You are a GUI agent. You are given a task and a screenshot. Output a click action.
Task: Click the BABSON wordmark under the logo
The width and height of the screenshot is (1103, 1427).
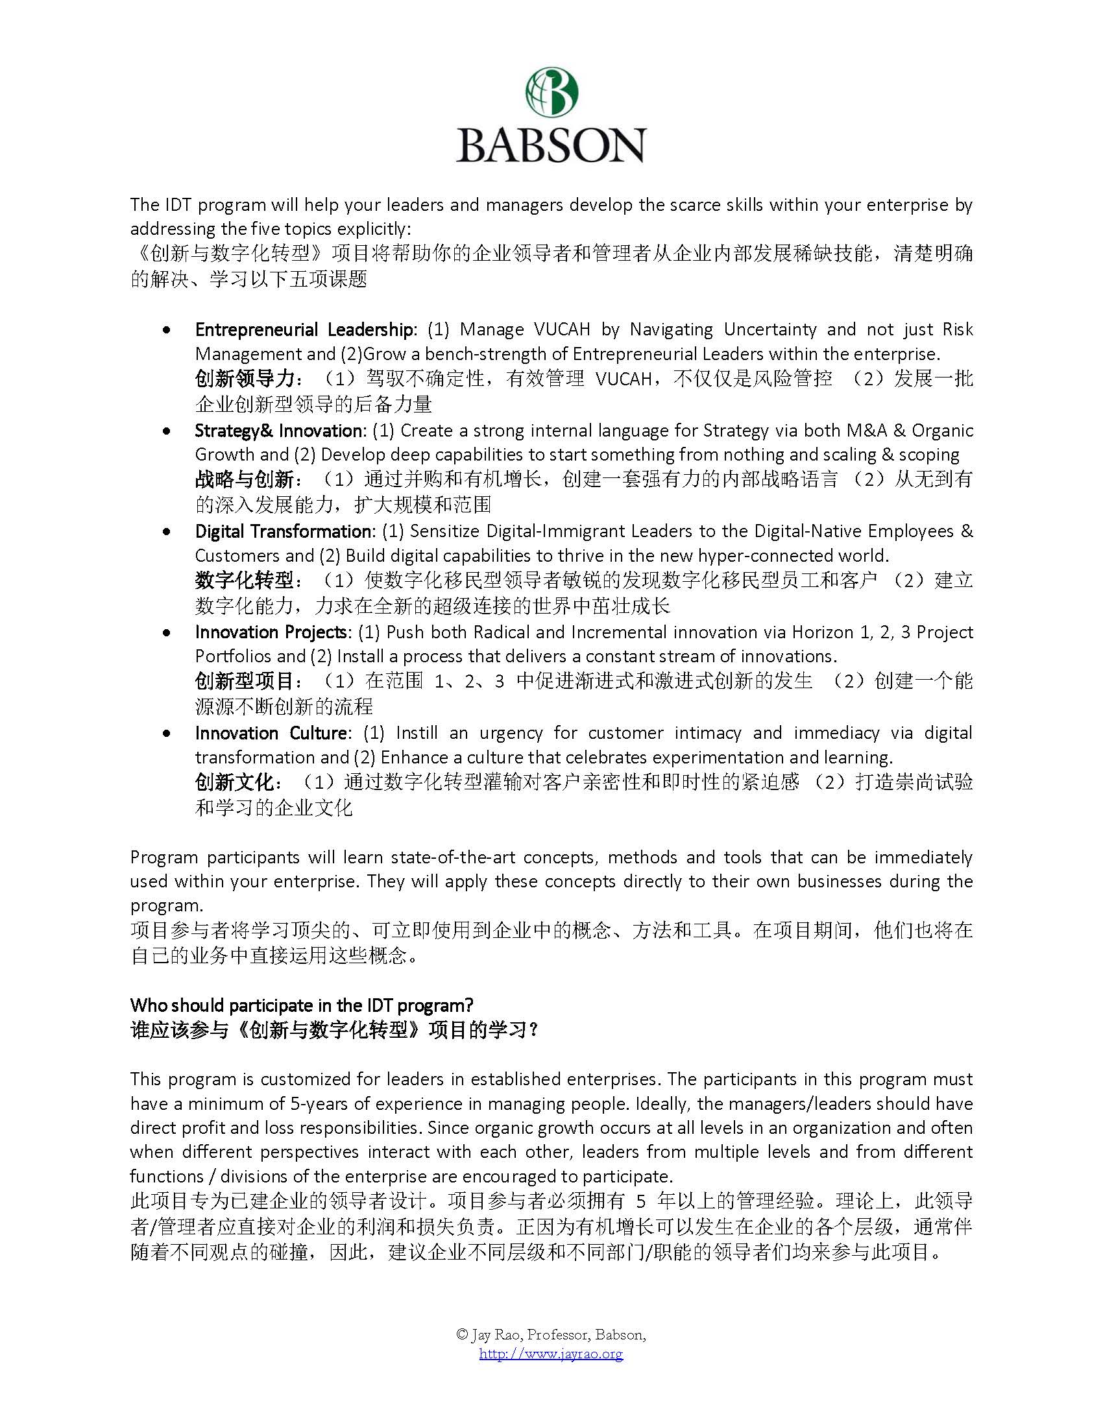coord(551,145)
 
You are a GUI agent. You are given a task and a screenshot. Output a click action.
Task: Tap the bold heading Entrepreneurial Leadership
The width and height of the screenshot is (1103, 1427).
coord(304,330)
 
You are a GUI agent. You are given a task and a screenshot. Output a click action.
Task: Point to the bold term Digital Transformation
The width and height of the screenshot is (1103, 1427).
coord(283,531)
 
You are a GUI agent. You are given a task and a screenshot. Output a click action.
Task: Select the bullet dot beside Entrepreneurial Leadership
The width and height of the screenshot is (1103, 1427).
coord(168,331)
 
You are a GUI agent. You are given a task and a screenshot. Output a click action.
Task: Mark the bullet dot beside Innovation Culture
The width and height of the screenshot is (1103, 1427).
coord(168,734)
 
